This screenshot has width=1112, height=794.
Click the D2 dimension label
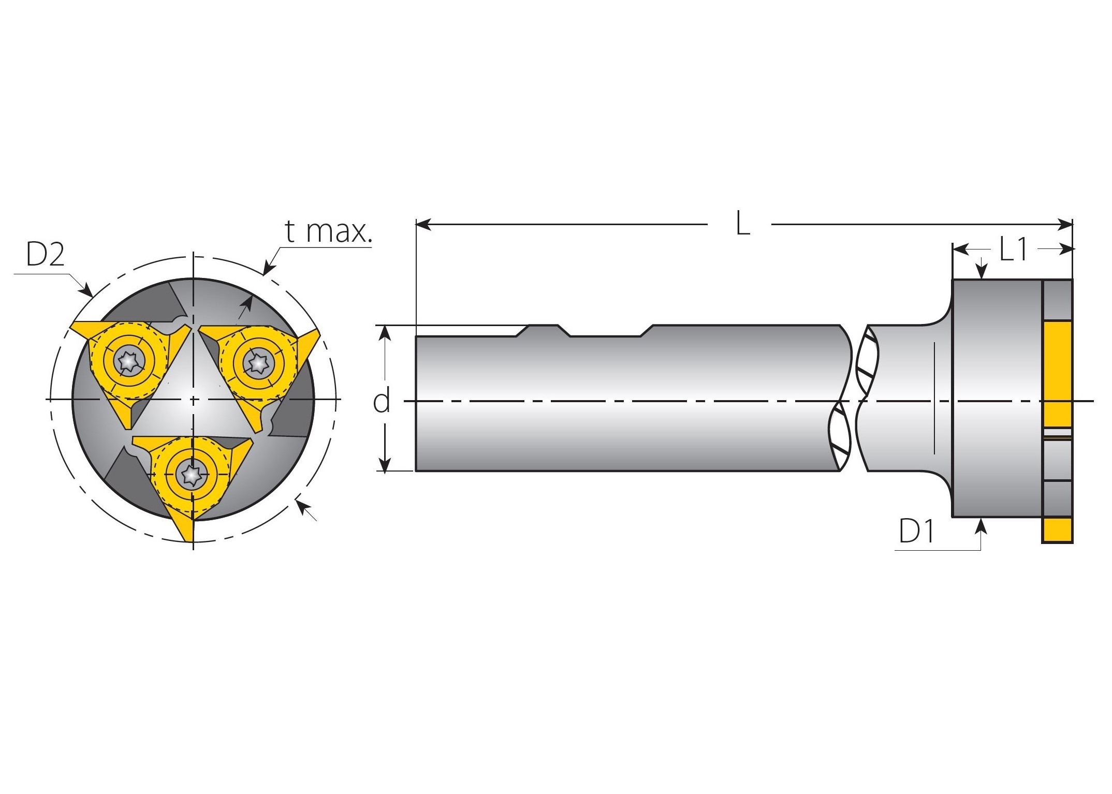(x=45, y=255)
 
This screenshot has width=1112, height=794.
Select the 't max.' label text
(x=328, y=231)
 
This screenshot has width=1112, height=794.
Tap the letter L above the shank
(x=742, y=225)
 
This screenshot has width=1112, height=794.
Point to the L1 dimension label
(x=1013, y=249)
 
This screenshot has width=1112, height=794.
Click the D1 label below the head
(x=916, y=531)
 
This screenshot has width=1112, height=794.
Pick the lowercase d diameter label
(x=382, y=401)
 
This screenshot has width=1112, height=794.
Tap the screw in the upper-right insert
(x=257, y=363)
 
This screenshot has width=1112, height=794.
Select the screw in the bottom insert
(x=191, y=474)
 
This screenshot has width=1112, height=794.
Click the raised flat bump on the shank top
(x=543, y=329)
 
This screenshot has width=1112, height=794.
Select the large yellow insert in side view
(x=1057, y=374)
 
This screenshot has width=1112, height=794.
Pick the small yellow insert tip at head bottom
(x=1057, y=530)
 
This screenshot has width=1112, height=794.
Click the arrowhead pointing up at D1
(x=981, y=526)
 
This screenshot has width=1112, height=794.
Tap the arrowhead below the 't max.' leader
(x=269, y=268)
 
